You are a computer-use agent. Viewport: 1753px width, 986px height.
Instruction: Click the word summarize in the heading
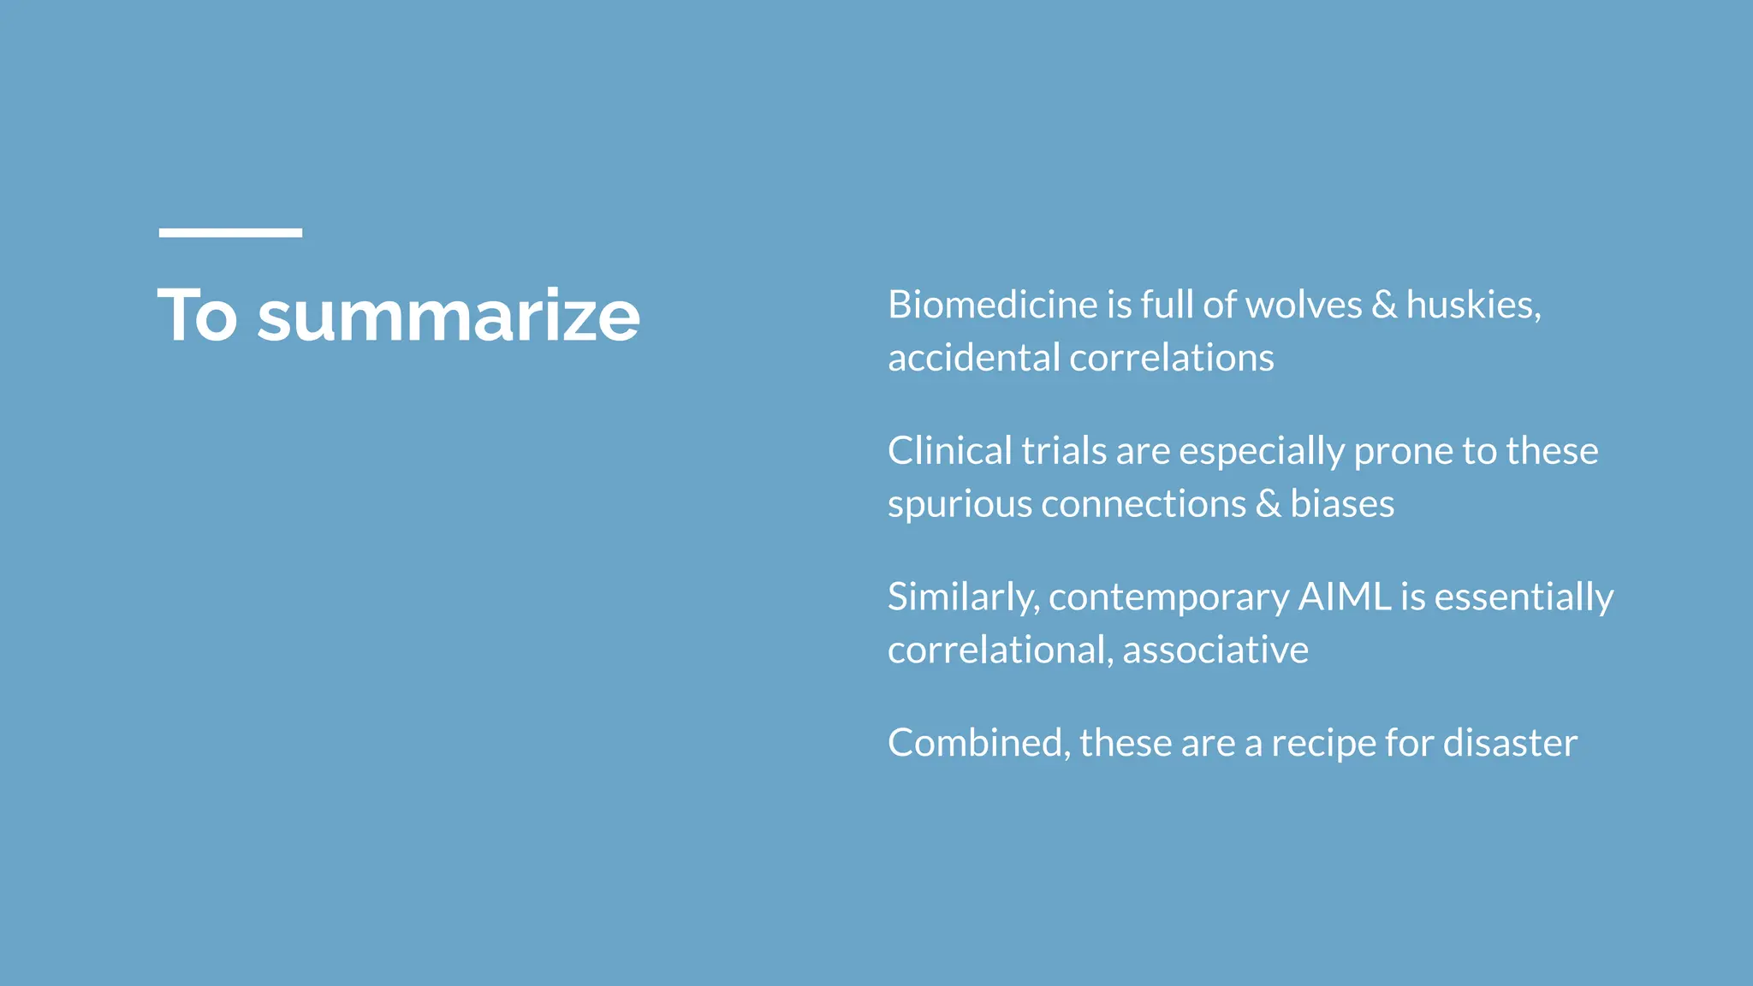tap(448, 317)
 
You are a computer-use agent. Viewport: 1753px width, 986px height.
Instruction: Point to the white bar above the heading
tap(230, 233)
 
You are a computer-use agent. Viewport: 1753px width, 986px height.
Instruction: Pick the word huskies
tap(1472, 306)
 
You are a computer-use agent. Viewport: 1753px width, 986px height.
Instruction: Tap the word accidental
tap(973, 359)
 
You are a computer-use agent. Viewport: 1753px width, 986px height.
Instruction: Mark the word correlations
tap(1172, 359)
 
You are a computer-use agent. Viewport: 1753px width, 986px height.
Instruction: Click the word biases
tap(1342, 504)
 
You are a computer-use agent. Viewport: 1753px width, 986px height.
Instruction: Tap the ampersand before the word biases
tap(1268, 504)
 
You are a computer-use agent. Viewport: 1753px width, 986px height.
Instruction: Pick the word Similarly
tap(963, 598)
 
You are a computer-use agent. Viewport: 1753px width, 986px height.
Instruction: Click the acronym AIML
tap(1345, 597)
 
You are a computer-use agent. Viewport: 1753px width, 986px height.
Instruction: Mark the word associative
tap(1215, 650)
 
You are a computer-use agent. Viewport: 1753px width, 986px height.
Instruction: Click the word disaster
tap(1510, 743)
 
